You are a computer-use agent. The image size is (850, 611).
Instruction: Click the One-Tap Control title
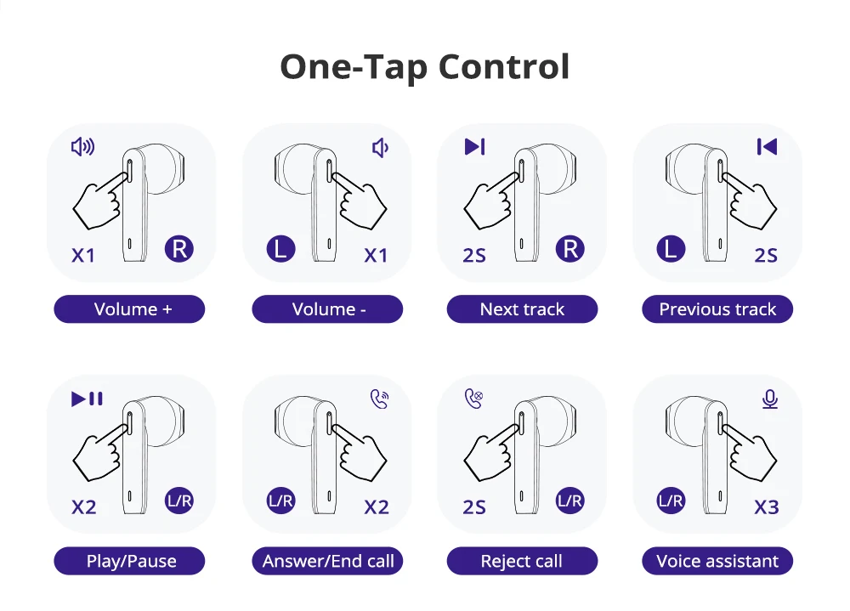click(424, 67)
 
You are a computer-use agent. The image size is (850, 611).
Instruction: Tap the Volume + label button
click(129, 309)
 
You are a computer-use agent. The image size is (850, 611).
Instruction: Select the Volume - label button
click(327, 309)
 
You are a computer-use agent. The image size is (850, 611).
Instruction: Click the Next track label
click(522, 309)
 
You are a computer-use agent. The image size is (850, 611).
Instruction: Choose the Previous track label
click(717, 309)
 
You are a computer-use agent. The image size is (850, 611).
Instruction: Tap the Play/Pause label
click(129, 561)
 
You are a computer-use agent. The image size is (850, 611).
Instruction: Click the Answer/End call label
click(327, 561)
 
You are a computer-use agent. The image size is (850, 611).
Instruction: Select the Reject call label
click(522, 561)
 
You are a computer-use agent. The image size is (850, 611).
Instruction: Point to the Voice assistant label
click(717, 561)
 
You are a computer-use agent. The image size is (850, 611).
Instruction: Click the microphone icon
click(769, 399)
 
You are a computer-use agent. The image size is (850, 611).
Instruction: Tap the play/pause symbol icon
click(87, 399)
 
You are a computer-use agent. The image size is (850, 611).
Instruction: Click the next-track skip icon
click(474, 147)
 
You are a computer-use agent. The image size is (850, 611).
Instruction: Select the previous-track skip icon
click(767, 147)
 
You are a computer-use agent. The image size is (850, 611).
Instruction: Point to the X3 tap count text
click(766, 507)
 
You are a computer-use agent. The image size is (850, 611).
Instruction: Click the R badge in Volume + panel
click(179, 250)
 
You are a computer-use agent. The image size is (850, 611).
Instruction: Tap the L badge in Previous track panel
click(671, 250)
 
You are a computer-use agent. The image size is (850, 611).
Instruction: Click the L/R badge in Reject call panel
click(570, 501)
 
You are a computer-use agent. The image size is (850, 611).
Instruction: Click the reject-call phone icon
click(473, 399)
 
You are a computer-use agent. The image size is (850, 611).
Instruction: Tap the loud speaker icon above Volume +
click(82, 147)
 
